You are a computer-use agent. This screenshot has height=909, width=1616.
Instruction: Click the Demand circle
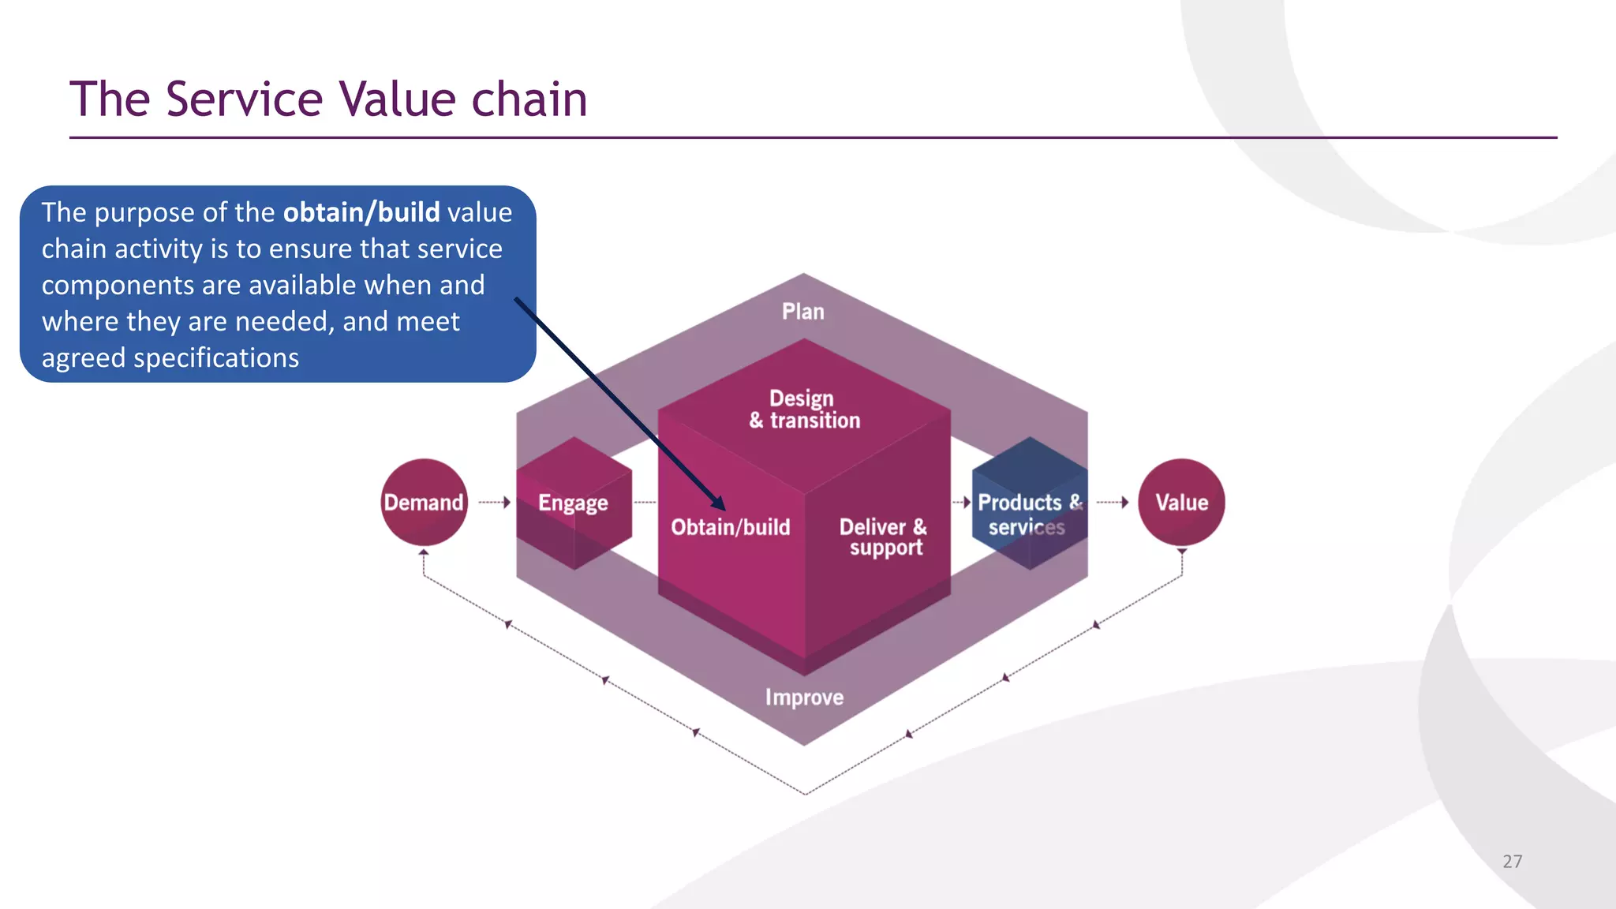[x=424, y=503]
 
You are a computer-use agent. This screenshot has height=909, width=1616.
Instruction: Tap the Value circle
[x=1181, y=503]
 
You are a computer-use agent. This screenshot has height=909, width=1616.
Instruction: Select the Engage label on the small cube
[x=573, y=503]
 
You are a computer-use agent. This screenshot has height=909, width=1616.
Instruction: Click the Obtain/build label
[x=730, y=527]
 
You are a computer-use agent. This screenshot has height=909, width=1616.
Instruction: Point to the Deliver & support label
[x=884, y=537]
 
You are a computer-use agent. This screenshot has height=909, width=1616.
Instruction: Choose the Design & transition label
[x=804, y=410]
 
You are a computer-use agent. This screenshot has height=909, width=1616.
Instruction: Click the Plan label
[x=803, y=312]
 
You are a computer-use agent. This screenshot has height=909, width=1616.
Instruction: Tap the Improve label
[x=804, y=698]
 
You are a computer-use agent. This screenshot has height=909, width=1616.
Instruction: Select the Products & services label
[x=1028, y=514]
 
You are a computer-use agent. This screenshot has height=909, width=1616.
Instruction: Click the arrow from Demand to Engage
[x=495, y=503]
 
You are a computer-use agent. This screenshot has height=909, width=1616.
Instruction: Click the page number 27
[x=1512, y=862]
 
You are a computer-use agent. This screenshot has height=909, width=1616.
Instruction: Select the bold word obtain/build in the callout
[x=361, y=213]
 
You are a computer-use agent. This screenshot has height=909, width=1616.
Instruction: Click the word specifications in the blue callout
[x=215, y=358]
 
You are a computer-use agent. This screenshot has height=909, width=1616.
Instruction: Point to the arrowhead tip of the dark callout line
[x=723, y=508]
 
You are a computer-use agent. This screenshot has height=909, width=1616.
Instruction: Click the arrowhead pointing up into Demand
[x=424, y=553]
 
